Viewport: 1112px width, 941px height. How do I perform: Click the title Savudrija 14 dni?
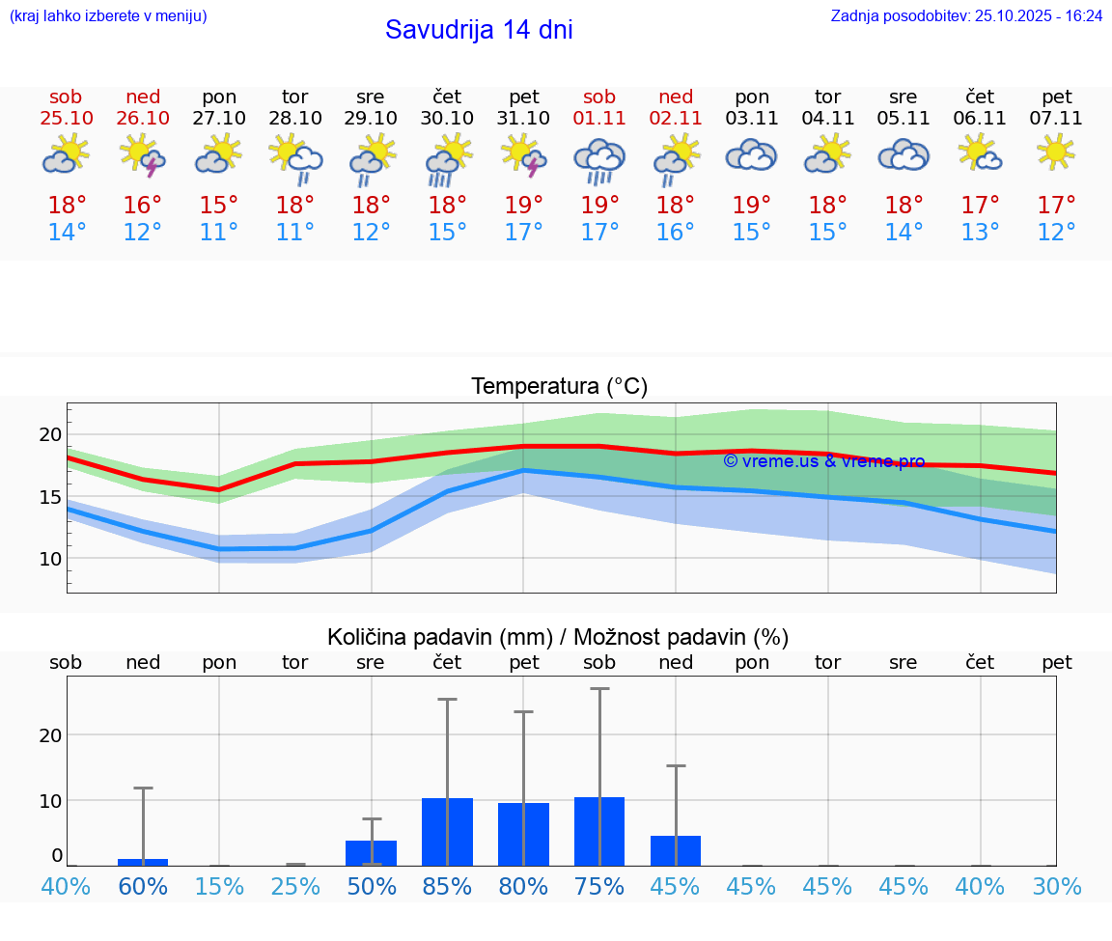pyautogui.click(x=479, y=30)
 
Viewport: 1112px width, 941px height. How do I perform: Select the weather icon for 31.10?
pyautogui.click(x=523, y=155)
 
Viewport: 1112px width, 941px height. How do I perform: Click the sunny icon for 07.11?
pyautogui.click(x=1056, y=152)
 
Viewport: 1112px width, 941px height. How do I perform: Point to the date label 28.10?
pyautogui.click(x=295, y=119)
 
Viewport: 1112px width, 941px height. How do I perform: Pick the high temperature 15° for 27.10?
pyautogui.click(x=219, y=205)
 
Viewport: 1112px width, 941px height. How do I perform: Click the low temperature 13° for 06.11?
pyautogui.click(x=980, y=233)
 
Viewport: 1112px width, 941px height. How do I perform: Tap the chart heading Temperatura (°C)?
pyautogui.click(x=559, y=387)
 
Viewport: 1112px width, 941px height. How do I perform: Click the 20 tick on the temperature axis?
pyautogui.click(x=50, y=434)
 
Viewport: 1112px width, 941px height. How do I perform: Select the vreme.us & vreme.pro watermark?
pyautogui.click(x=823, y=461)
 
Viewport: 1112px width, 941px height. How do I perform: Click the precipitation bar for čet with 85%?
pyautogui.click(x=447, y=832)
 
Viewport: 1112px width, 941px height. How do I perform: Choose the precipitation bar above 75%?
pyautogui.click(x=599, y=831)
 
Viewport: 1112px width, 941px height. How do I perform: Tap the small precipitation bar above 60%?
pyautogui.click(x=143, y=862)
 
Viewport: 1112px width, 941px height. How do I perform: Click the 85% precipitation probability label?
pyautogui.click(x=447, y=887)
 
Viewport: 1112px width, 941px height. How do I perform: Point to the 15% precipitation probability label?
pyautogui.click(x=219, y=887)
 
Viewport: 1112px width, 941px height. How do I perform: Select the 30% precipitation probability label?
pyautogui.click(x=1056, y=887)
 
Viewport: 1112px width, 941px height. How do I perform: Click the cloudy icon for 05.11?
pyautogui.click(x=903, y=155)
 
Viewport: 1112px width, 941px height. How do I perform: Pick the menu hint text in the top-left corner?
pyautogui.click(x=108, y=16)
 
